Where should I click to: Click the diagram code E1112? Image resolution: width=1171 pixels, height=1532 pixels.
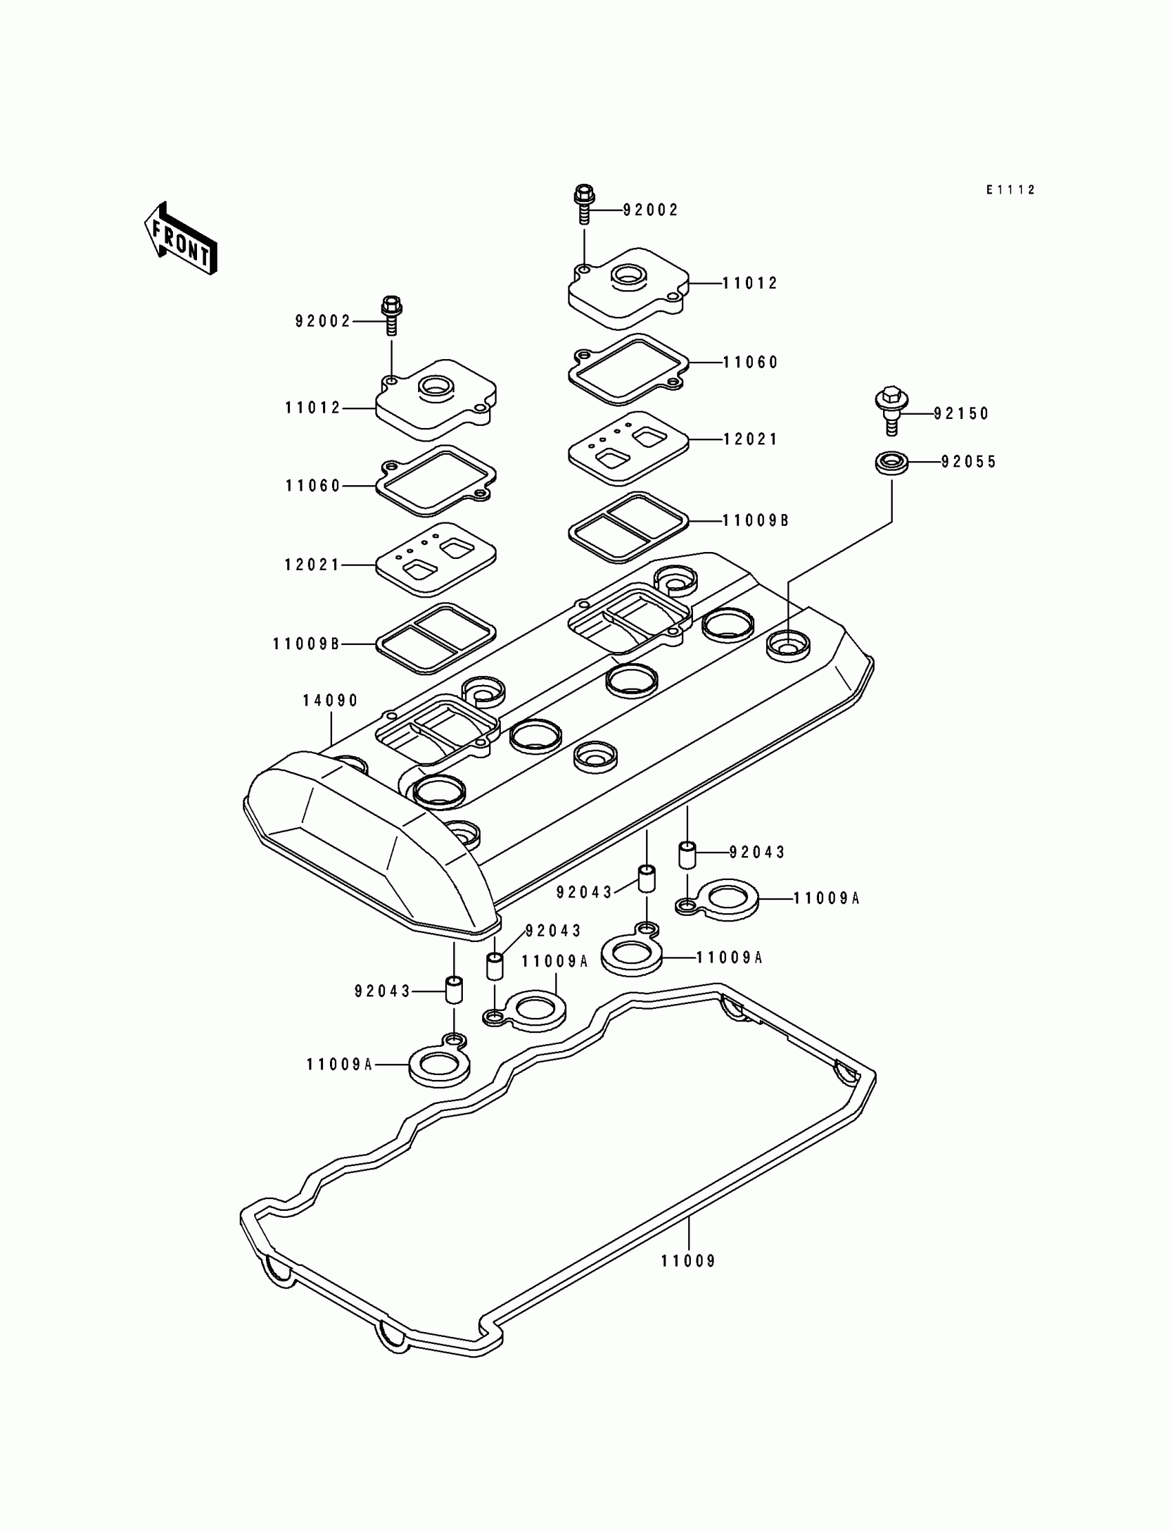point(1010,190)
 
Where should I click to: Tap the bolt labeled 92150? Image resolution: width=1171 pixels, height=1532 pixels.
point(890,410)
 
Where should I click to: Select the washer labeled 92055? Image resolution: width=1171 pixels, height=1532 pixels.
point(891,462)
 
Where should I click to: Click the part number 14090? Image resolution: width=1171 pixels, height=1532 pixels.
point(330,700)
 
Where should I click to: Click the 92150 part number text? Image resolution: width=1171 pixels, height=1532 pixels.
point(961,413)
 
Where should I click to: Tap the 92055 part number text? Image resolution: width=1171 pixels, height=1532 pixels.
point(968,462)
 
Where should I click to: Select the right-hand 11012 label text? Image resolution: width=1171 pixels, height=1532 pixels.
point(750,283)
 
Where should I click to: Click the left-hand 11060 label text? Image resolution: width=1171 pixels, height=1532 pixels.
point(313,485)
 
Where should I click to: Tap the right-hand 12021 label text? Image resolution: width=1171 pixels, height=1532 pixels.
point(750,439)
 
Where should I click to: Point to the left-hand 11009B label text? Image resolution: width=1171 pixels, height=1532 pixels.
point(307,644)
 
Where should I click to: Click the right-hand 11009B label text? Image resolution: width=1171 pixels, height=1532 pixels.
point(756,520)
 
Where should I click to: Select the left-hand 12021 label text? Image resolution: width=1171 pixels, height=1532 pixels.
point(312,564)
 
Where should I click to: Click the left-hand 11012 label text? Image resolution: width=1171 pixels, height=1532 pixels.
point(313,408)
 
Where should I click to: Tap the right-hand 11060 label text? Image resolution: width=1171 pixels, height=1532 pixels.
point(750,362)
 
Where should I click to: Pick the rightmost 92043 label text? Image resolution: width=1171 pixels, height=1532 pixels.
point(757,852)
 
